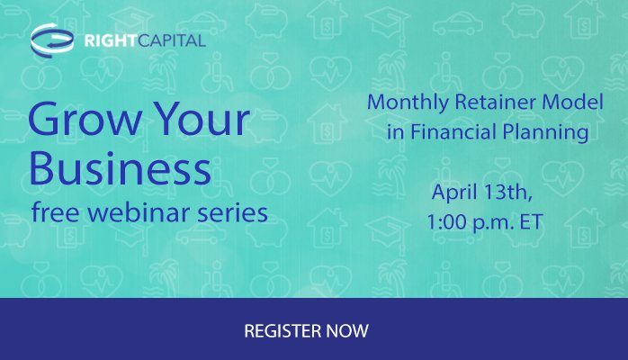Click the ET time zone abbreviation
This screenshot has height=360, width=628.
tap(533, 220)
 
